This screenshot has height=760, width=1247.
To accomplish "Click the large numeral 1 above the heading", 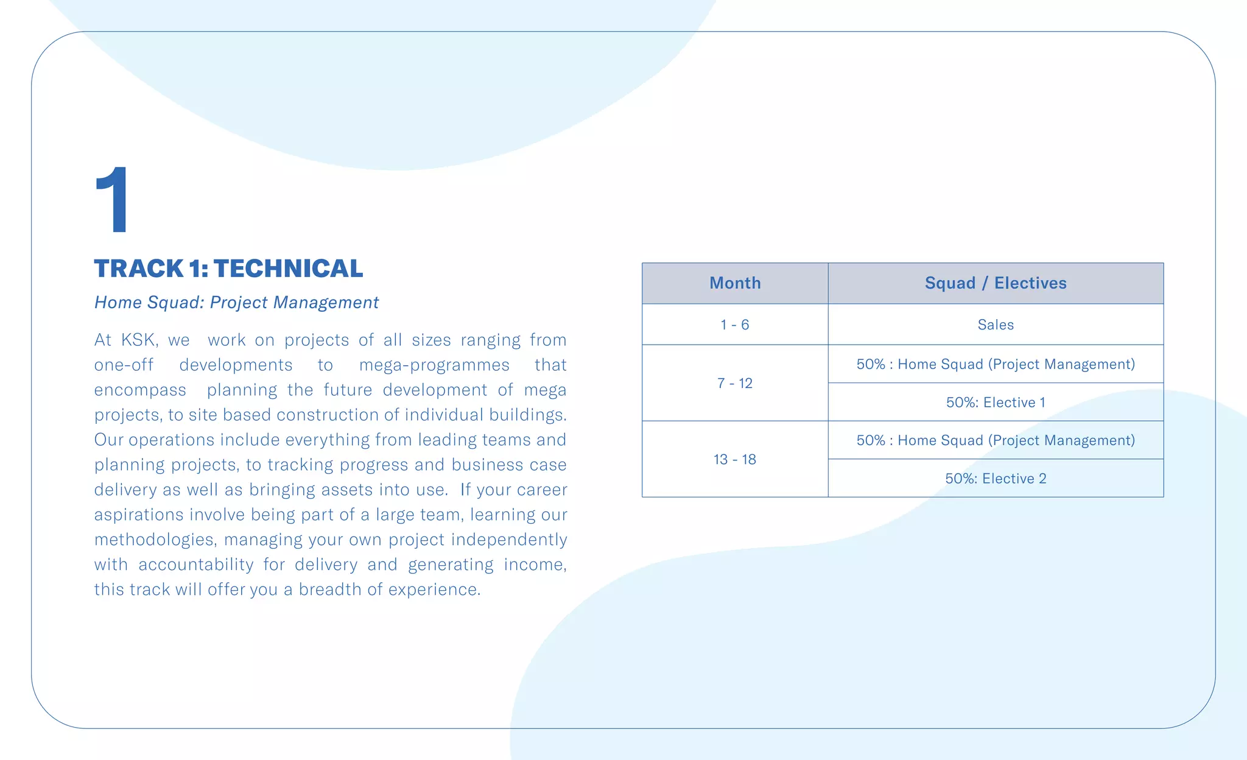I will pos(113,200).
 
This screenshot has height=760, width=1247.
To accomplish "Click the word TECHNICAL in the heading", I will pos(288,269).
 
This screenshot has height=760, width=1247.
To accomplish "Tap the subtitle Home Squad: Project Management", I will pos(236,303).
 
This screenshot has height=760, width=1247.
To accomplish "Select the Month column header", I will pos(735,283).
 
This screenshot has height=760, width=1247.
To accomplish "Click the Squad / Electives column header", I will pos(996,283).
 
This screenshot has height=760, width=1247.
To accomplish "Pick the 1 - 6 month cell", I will pos(735,325).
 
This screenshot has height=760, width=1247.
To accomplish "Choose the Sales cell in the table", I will pos(996,325).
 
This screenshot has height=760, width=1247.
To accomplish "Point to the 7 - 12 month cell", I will pos(735,383).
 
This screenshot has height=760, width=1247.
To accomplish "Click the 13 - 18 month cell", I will pos(735,459).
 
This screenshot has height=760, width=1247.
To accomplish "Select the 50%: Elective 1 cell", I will pos(996,403).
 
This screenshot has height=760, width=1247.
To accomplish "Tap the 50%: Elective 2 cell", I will pos(996,479).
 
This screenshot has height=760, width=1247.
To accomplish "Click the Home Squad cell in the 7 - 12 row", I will pos(996,364).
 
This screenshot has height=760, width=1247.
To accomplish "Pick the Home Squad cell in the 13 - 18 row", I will pos(996,440).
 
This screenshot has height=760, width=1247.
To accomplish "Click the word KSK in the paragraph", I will pos(139,340).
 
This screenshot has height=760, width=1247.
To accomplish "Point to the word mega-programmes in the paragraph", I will pos(434,365).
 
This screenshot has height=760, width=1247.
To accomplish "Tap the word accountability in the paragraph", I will pos(195,565).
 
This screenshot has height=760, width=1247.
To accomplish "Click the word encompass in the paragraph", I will pos(140,390).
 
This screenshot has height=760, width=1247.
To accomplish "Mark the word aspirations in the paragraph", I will pos(139,515).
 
